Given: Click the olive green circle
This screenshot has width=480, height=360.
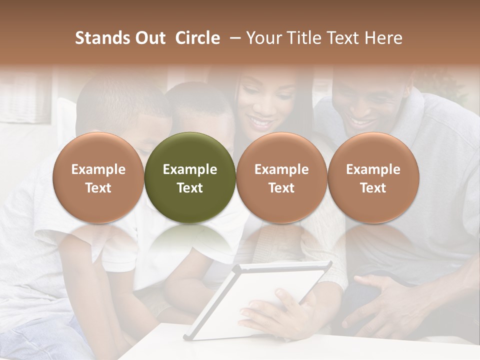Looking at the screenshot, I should pos(190,177).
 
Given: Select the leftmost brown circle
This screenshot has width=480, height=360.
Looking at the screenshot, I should pos(98,177).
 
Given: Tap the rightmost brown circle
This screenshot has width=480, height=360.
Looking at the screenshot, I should pos(373,177).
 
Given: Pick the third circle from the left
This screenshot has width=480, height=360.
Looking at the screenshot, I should pos(281,177).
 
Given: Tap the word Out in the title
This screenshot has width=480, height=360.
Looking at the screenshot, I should pos(149,38).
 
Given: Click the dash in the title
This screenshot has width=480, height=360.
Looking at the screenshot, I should pos(232,38).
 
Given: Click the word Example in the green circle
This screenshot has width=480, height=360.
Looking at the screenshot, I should pos(190,169).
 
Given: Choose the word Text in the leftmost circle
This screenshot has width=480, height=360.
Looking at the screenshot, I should pos(98,188).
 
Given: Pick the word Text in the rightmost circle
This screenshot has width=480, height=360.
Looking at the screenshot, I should pos(373,188).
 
